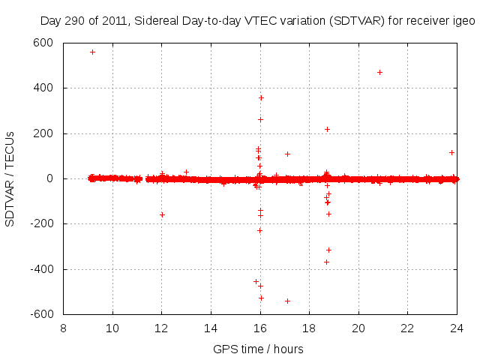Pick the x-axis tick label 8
(64, 328)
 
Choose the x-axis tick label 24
(457, 328)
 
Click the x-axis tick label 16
(260, 328)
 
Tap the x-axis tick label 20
(358, 328)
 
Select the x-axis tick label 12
(162, 328)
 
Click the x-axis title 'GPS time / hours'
(258, 349)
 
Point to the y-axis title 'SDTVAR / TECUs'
(10, 178)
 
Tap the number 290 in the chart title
(73, 22)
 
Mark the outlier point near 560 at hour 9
(92, 52)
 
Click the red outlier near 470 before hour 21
(379, 72)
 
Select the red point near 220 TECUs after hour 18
(327, 129)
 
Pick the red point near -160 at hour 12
(162, 214)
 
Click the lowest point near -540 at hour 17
(287, 301)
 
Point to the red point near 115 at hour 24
(451, 152)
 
